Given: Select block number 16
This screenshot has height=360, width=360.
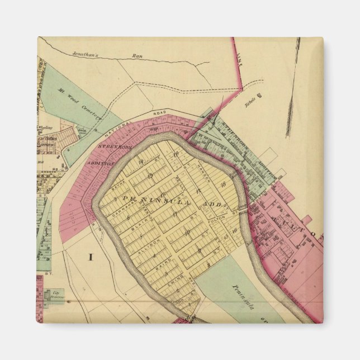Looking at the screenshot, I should [235, 229].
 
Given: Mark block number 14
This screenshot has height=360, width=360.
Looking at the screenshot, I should [141, 162].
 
